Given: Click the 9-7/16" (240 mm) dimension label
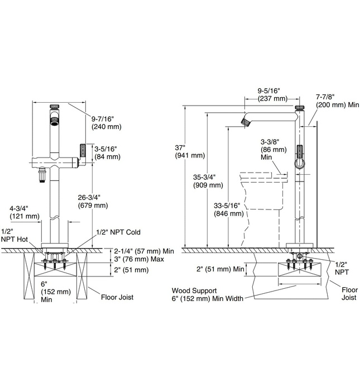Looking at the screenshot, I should pos(105,122).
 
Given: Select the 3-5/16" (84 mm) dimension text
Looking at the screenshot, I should pos(107,152).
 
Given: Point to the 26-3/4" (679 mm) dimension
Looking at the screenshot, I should pos(93,201).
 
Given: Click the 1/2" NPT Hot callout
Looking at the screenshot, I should pos(15,235).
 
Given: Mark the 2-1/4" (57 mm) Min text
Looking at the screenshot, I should pos(136,251).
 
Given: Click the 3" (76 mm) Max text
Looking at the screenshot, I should pos(131,260).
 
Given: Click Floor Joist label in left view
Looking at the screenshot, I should pos(117,298).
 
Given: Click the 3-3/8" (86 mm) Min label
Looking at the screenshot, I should pos(270,150).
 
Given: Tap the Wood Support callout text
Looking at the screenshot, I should pos(208,294).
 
